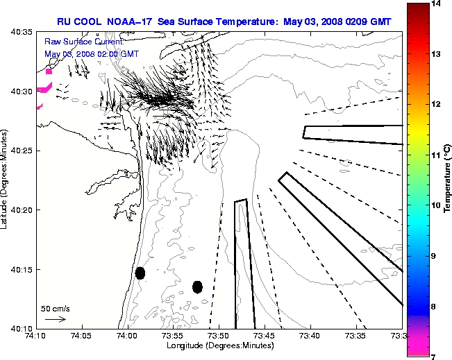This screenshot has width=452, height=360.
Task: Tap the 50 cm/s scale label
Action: (56, 308)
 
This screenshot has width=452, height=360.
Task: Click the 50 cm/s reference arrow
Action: (56, 319)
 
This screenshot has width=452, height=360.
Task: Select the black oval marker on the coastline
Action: (140, 273)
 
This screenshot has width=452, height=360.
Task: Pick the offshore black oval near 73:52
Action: (197, 286)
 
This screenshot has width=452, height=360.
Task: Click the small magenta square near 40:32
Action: (49, 71)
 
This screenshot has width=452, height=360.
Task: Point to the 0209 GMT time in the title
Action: (379, 22)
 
